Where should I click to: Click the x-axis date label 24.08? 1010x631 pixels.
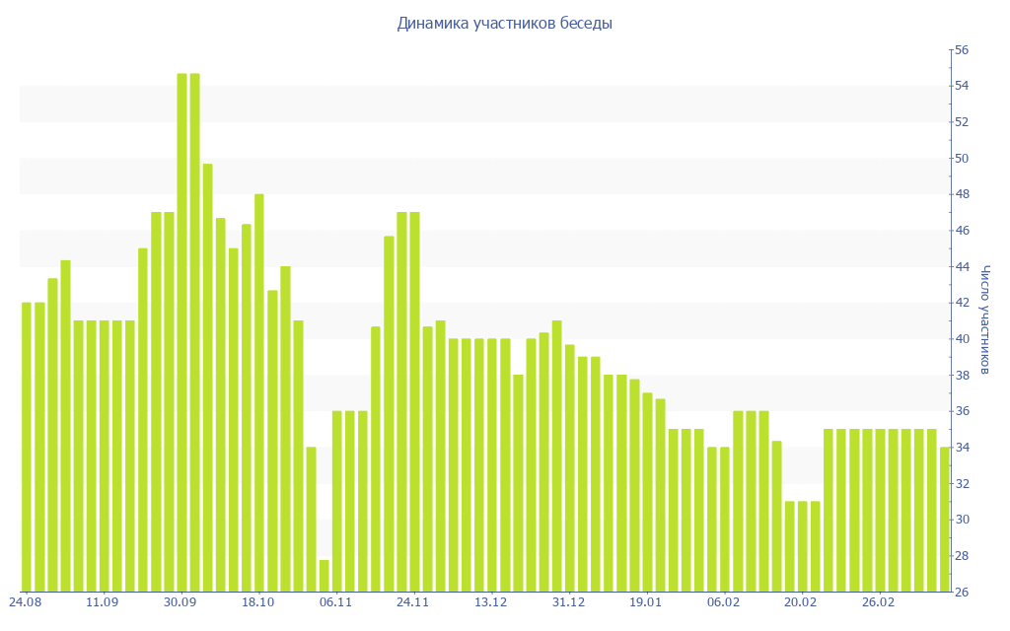click(25, 602)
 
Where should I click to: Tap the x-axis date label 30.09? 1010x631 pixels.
click(180, 602)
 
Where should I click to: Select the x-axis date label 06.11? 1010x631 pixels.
click(335, 602)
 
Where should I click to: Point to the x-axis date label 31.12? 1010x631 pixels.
click(568, 602)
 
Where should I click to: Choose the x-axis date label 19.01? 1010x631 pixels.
click(646, 602)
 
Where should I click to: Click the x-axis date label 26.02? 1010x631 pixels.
click(879, 602)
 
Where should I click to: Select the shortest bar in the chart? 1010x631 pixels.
click(324, 576)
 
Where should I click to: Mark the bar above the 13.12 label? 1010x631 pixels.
click(492, 464)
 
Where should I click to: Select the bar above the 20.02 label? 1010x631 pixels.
click(803, 546)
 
